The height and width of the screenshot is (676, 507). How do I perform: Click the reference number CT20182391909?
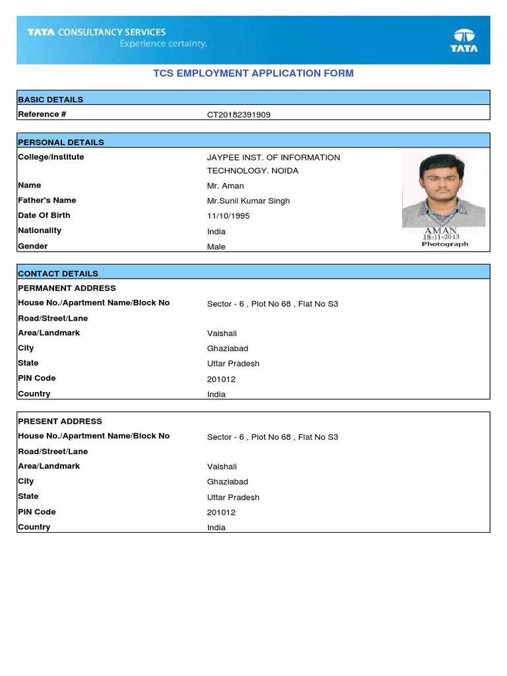coord(238,115)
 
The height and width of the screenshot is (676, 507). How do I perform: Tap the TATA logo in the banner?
coord(464,40)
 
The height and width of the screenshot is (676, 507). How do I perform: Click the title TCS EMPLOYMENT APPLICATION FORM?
coord(253,73)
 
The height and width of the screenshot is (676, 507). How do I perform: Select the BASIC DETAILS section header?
coord(51,100)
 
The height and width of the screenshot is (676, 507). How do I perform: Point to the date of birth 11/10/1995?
coord(228,216)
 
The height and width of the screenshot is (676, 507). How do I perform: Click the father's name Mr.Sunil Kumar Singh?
coord(248,201)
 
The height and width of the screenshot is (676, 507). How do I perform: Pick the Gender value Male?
coord(216,247)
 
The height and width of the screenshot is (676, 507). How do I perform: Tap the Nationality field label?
coord(40,230)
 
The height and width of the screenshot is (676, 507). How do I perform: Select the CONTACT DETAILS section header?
coord(58,273)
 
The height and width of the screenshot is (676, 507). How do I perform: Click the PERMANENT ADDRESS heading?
coord(67,288)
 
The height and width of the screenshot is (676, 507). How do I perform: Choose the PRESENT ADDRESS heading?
coord(60,421)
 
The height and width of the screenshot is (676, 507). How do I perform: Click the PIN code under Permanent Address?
coord(221,380)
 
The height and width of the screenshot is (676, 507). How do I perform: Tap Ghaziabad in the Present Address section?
coord(228,482)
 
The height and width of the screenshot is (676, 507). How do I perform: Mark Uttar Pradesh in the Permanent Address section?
coord(233,364)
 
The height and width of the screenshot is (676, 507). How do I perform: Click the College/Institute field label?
coord(51,157)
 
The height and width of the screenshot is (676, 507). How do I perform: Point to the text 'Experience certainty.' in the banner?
coord(163,44)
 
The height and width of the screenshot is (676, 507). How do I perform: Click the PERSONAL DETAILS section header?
coord(61,142)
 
